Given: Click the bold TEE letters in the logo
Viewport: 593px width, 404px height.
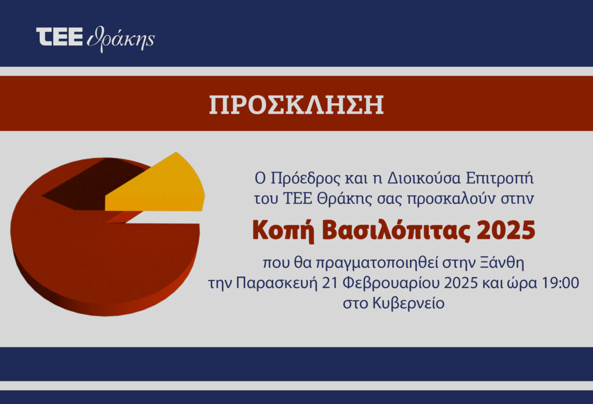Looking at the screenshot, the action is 60,37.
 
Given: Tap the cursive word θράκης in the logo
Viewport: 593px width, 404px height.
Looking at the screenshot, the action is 120,39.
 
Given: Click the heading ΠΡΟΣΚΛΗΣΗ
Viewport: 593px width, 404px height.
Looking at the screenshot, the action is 296,104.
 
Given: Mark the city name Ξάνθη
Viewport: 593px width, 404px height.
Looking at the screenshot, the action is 502,263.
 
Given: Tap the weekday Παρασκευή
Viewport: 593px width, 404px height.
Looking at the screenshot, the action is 277,283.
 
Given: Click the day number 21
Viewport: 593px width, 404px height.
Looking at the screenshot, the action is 330,283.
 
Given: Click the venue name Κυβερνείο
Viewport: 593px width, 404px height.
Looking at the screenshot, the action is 408,303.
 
